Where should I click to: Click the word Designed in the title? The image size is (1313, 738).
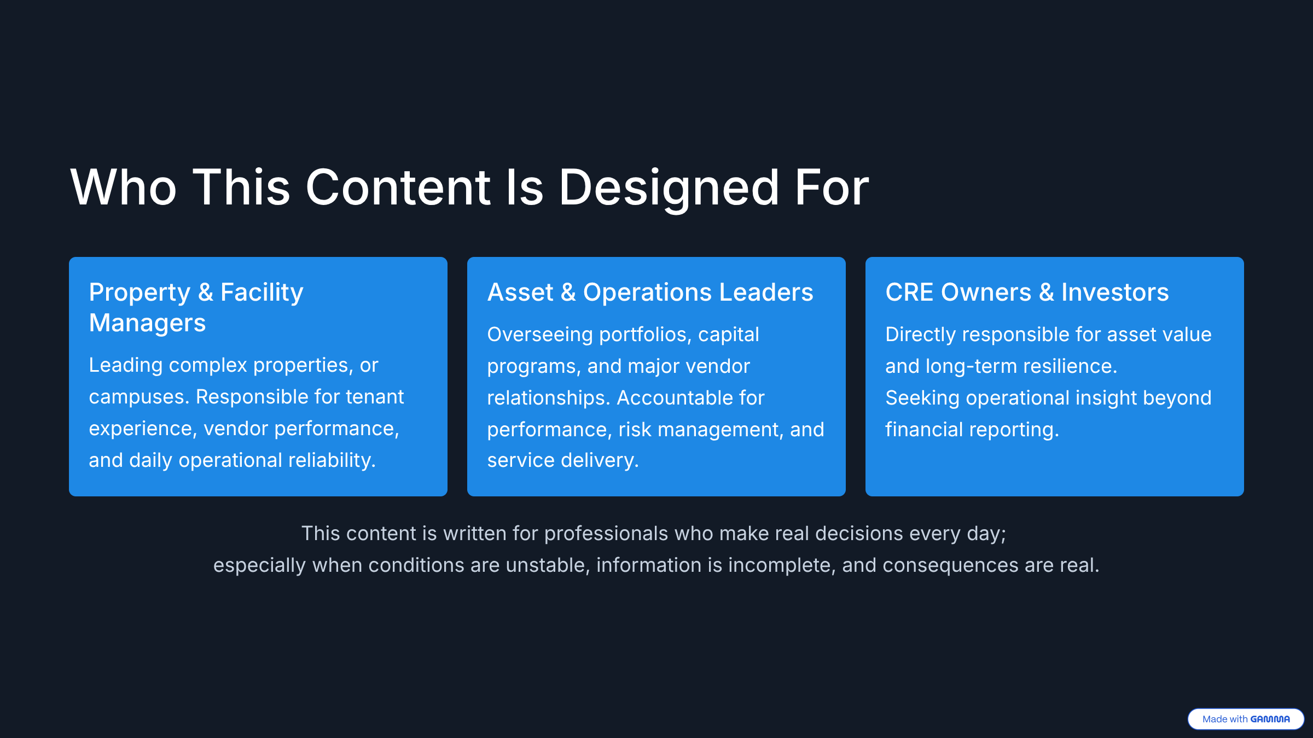pos(669,188)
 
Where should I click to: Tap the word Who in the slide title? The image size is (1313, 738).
pos(123,188)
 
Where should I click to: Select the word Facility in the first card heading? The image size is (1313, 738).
pos(262,292)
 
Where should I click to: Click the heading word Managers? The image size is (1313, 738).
pos(147,323)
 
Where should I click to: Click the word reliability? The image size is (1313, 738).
pos(332,460)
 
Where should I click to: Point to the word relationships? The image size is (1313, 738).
pos(549,398)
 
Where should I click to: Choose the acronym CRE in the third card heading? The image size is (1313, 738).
pos(909,292)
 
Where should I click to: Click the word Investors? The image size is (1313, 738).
pos(1115,292)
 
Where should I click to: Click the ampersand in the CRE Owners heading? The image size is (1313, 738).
pos(1046,292)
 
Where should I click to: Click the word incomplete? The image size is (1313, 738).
pos(782,565)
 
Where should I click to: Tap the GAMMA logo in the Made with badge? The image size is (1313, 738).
pos(1270,719)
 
